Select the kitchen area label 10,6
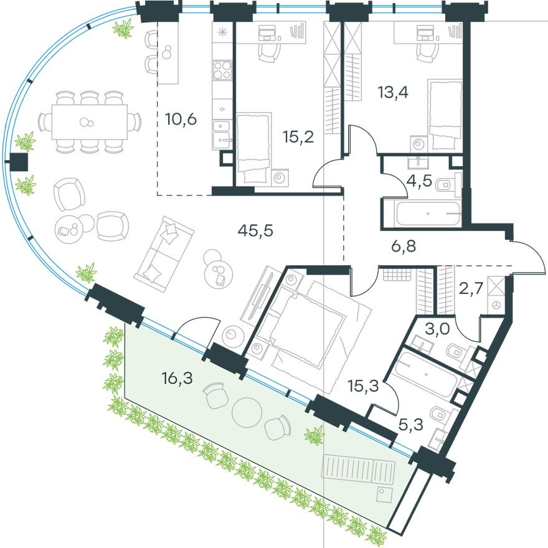click(181, 118)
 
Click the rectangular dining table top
click(88, 121)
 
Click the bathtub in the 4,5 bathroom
click(422, 214)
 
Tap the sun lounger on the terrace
click(359, 470)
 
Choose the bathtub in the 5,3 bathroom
click(429, 376)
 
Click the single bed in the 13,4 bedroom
click(444, 115)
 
